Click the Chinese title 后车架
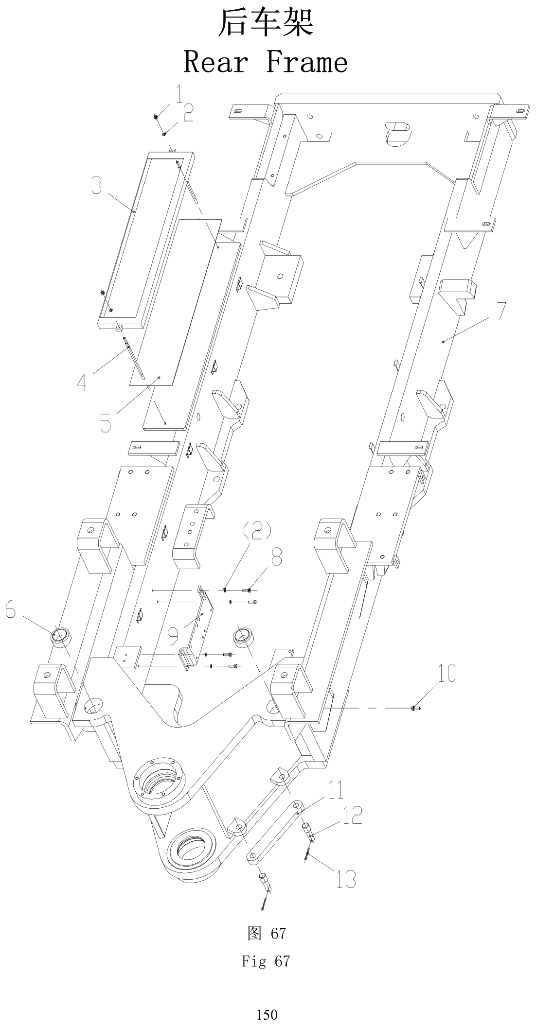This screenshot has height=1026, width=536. (x=266, y=23)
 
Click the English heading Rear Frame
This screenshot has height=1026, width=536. (x=266, y=62)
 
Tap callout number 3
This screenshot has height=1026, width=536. (x=97, y=186)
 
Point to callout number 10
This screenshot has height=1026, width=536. (x=447, y=673)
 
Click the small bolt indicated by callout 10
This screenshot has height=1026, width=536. (x=416, y=708)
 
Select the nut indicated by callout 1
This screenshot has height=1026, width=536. (x=155, y=116)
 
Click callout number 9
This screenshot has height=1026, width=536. (x=173, y=635)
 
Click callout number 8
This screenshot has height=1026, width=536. (x=276, y=556)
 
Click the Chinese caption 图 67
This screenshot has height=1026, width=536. (x=267, y=933)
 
